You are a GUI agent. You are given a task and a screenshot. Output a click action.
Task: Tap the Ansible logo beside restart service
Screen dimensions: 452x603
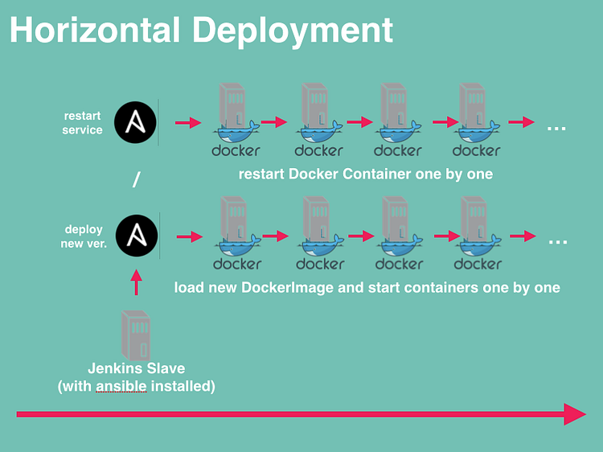(135, 122)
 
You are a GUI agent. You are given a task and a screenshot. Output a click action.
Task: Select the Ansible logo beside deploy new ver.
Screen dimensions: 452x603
(137, 236)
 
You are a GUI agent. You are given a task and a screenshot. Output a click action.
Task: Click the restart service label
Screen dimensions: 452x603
(82, 123)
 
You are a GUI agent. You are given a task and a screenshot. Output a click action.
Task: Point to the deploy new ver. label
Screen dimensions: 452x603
(84, 236)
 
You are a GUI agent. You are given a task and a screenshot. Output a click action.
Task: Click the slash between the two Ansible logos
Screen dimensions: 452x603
(136, 180)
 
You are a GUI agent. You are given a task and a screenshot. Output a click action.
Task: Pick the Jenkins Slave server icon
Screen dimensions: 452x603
(136, 335)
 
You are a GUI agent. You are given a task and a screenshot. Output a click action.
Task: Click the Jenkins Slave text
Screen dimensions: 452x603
(136, 369)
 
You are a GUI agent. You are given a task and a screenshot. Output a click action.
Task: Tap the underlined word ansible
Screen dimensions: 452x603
(121, 387)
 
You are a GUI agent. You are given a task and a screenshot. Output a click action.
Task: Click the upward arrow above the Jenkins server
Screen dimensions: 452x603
(136, 282)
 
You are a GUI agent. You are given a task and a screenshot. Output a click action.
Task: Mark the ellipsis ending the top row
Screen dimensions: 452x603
(556, 128)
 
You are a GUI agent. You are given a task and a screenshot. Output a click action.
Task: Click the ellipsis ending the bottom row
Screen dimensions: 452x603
(557, 241)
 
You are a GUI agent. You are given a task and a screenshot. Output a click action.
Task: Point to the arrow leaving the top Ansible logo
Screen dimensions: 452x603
(187, 123)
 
